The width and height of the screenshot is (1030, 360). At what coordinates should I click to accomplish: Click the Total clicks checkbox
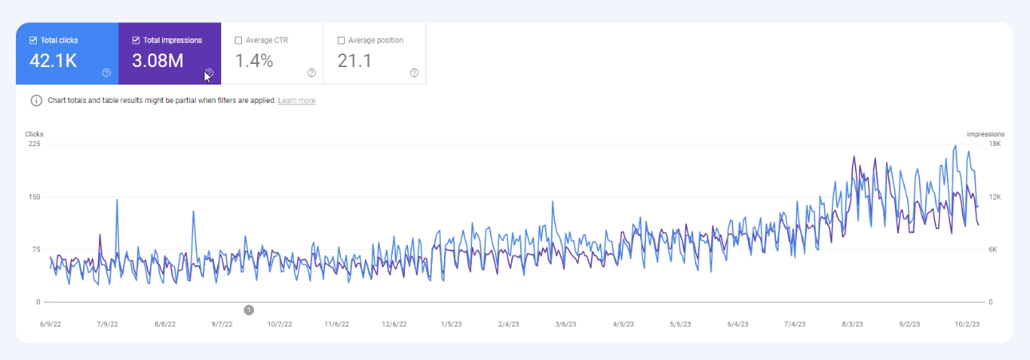(x=33, y=40)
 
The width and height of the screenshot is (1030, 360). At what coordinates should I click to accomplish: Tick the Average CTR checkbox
(x=239, y=40)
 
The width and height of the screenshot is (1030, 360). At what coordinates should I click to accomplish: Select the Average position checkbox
(x=342, y=40)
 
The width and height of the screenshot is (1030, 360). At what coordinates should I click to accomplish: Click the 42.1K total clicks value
(x=53, y=61)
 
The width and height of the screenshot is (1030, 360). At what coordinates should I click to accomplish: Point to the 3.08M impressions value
(x=158, y=61)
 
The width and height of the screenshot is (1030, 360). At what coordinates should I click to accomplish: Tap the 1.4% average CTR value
(x=254, y=61)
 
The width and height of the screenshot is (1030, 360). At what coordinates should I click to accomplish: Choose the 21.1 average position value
(x=355, y=61)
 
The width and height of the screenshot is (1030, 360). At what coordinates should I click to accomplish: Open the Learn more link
(x=296, y=101)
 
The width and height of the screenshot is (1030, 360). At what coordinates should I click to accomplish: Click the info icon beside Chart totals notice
(x=36, y=101)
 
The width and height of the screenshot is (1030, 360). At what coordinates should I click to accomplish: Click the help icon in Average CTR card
(x=311, y=73)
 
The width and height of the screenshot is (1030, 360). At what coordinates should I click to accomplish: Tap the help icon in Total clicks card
(x=106, y=73)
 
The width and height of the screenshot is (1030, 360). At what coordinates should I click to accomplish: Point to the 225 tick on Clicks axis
(x=34, y=144)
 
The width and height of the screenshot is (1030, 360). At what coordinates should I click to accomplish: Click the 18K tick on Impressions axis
(x=995, y=144)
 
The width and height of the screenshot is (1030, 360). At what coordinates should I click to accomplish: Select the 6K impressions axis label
(x=994, y=250)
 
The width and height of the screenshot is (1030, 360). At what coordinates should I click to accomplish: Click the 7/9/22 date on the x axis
(x=107, y=324)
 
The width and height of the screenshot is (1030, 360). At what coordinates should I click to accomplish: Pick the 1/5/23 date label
(x=451, y=324)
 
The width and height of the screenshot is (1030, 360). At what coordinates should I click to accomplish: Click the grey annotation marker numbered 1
(x=248, y=310)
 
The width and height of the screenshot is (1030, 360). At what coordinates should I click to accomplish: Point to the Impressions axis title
(x=985, y=134)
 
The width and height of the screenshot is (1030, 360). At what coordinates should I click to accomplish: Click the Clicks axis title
(x=34, y=134)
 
